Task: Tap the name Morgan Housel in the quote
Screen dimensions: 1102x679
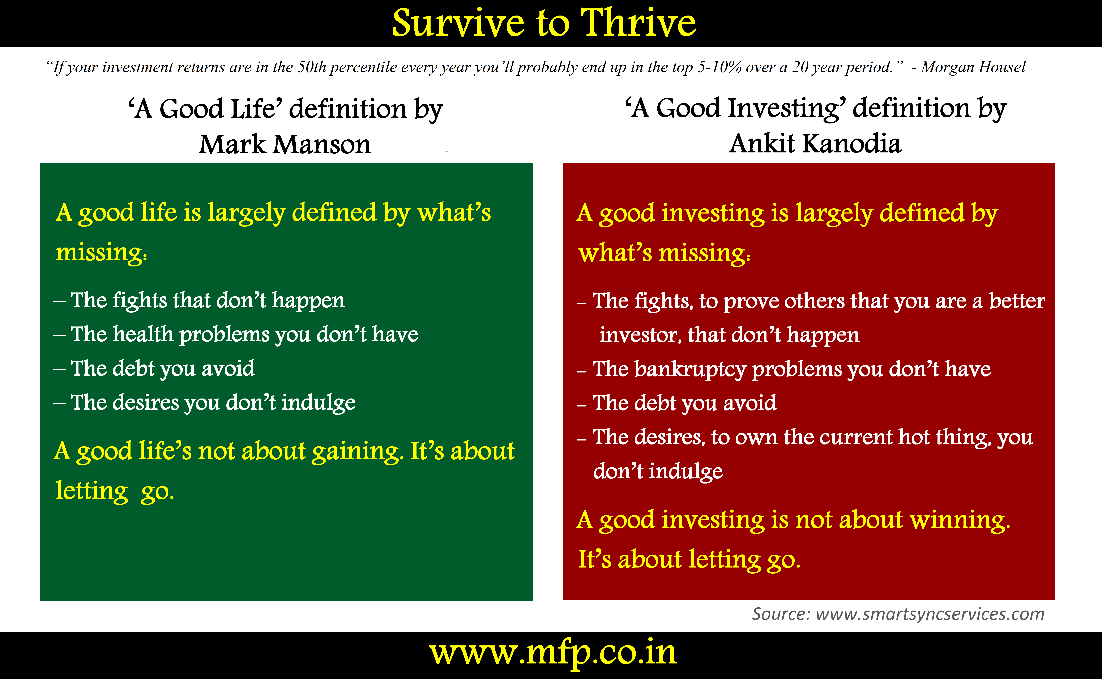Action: (x=973, y=67)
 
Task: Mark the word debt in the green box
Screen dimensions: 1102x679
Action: (x=133, y=368)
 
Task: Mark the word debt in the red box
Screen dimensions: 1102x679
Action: (x=655, y=403)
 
